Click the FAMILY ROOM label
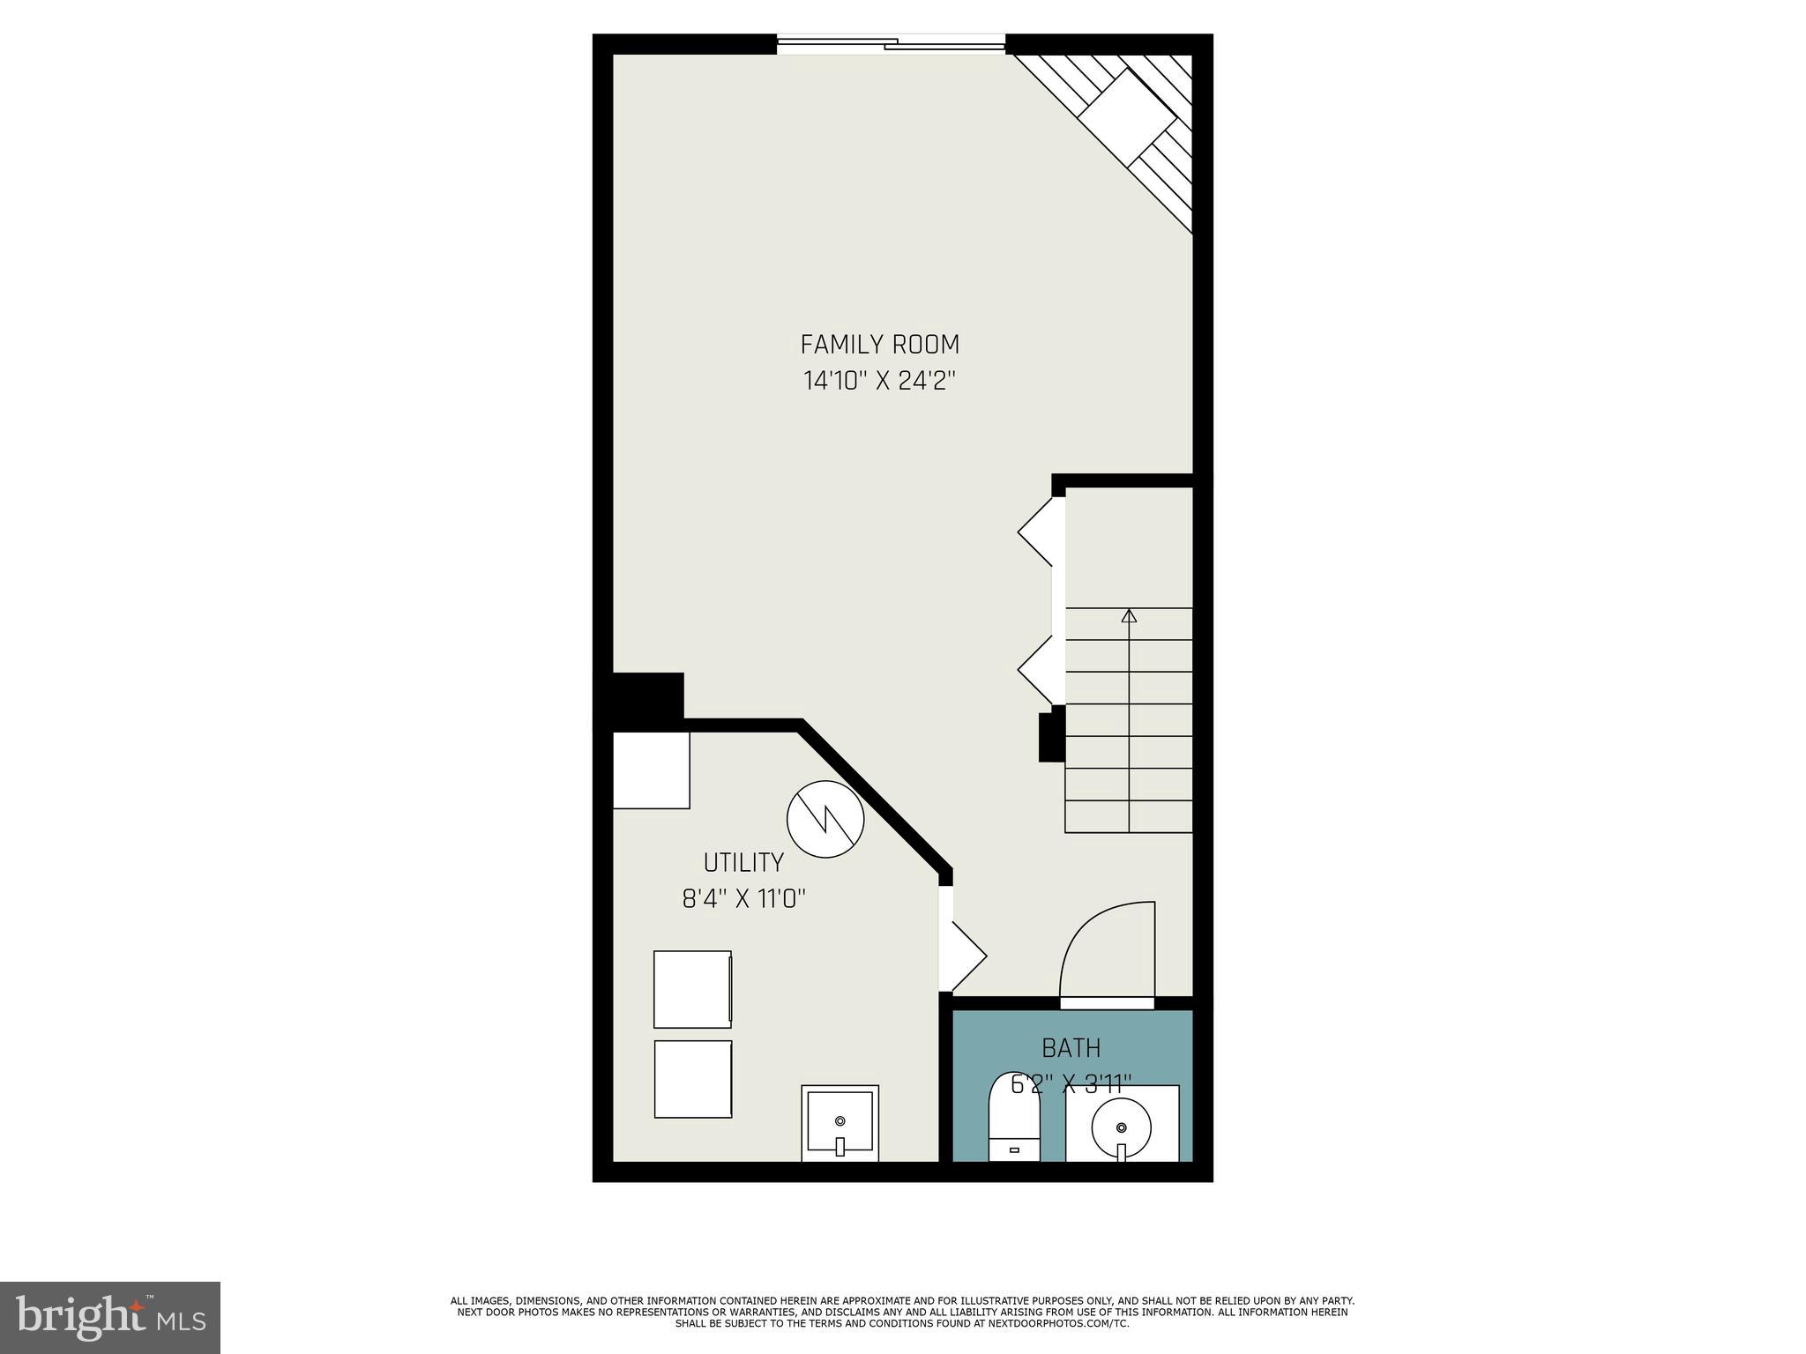click(879, 344)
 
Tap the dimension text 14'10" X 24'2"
click(879, 381)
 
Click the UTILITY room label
click(743, 862)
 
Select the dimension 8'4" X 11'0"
click(744, 899)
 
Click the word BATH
click(1071, 1048)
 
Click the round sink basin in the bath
click(1121, 1127)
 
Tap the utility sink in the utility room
click(840, 1123)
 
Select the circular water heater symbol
click(825, 819)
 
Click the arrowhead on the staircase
click(1129, 615)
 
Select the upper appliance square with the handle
click(692, 989)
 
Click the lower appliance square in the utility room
click(692, 1079)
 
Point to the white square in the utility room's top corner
click(651, 770)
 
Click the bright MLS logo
click(110, 1317)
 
